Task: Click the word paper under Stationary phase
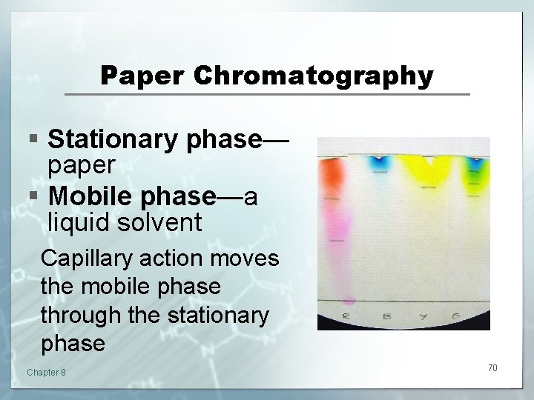[81, 166]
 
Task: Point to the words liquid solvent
[125, 222]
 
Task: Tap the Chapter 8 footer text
[46, 372]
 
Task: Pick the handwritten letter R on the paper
[346, 317]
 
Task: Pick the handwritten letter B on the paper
[386, 317]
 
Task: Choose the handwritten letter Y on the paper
[423, 317]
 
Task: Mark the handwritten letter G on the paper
[458, 317]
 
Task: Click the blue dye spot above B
[380, 160]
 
